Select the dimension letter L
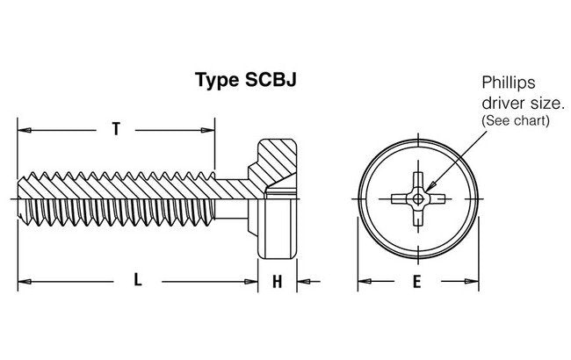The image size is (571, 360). pyautogui.click(x=137, y=281)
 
